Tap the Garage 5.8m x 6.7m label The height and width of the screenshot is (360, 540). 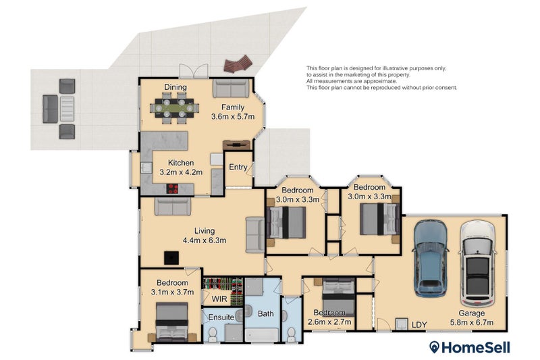[472, 318]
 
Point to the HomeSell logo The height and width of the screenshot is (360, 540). [470, 347]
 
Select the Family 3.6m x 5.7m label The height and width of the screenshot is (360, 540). [232, 112]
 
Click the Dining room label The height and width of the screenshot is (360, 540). [175, 87]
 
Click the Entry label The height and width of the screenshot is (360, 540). [237, 168]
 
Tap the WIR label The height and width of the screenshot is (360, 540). [219, 298]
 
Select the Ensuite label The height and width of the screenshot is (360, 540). [221, 317]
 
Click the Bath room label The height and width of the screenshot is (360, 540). [265, 313]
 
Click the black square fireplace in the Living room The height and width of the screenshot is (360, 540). [173, 257]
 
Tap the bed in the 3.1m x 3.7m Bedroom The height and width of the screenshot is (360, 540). [171, 323]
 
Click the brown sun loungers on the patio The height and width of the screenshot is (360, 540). [238, 65]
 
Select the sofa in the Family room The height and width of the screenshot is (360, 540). [231, 88]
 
